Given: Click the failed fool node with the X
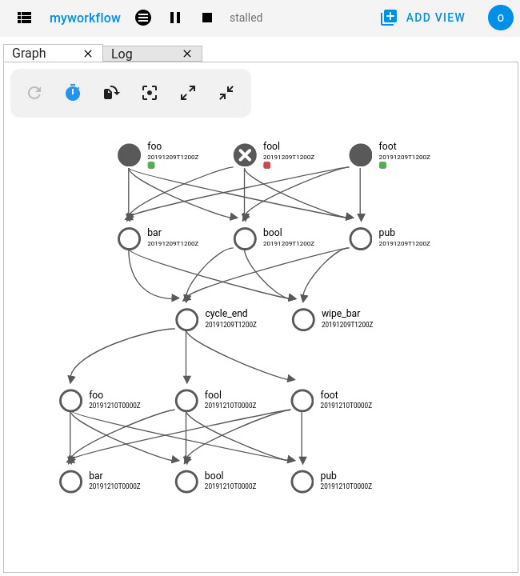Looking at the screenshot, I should point(245,154).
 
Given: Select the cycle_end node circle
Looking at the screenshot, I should point(186,319).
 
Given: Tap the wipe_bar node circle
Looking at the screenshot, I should point(303,319).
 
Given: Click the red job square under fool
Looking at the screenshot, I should point(267,166).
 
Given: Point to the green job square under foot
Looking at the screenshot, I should point(383,166).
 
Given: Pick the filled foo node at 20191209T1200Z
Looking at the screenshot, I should point(129,154).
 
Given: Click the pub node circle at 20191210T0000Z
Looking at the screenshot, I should point(302,481).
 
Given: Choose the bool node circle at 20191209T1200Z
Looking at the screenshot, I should point(245,238).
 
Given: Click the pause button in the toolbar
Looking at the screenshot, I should point(175,18).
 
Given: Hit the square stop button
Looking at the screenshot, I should point(207,18).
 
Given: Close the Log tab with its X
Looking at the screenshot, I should point(187,54).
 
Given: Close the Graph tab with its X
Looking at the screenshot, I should point(88,54).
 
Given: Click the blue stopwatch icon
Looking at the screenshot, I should point(73,93).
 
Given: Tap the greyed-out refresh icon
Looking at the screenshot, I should point(34,93).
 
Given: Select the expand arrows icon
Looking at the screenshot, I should point(188,93).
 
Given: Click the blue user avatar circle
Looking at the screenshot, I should point(500,18).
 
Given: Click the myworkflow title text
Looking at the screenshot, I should point(84,18).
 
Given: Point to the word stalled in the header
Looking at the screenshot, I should point(246,18).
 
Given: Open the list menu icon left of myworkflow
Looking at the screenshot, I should point(24,18).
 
